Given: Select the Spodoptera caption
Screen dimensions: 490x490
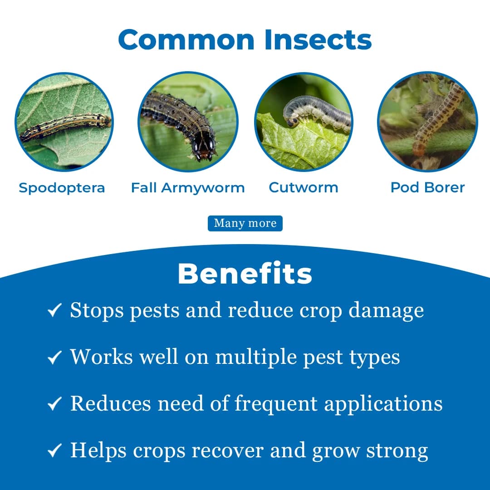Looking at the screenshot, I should coord(62,187).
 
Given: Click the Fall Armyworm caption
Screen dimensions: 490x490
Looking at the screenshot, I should coord(188,187).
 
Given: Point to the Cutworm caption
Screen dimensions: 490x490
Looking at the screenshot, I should coord(304,187).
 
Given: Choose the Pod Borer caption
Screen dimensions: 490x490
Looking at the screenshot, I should coord(427,187).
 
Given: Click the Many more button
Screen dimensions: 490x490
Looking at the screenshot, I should coord(245,223).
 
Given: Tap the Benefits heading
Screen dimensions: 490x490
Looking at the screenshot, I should coord(245,274).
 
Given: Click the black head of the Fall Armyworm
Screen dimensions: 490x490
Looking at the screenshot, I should coord(205,147).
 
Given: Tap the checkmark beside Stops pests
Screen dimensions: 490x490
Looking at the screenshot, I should coord(54,311).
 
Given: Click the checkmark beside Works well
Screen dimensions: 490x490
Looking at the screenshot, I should coord(54,358).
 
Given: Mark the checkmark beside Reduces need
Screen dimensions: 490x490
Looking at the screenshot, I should coord(54,404).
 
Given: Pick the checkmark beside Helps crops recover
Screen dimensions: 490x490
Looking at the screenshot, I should coord(54,451).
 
